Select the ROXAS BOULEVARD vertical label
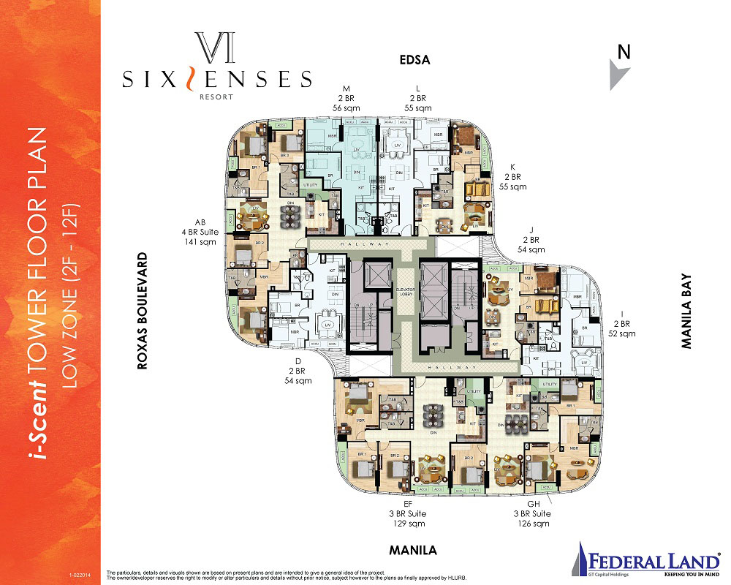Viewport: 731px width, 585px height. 143,311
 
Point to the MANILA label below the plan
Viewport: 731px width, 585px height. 413,550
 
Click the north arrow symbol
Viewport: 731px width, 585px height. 619,75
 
